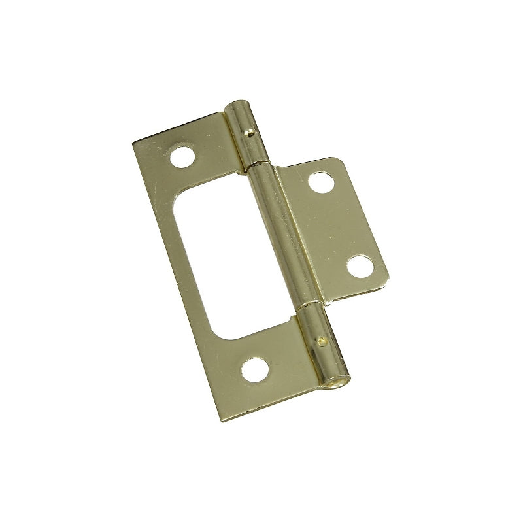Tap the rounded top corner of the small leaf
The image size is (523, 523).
tap(336, 160)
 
